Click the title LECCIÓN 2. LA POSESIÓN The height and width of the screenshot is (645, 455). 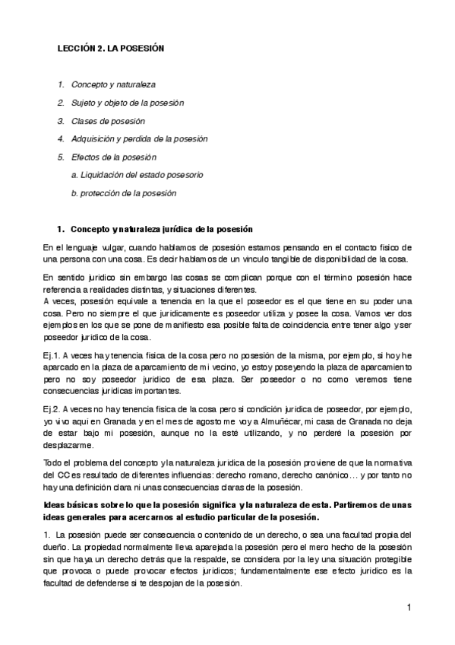[x=112, y=48]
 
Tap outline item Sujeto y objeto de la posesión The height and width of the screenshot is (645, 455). [x=127, y=103]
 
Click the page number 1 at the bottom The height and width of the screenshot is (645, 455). [x=408, y=608]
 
